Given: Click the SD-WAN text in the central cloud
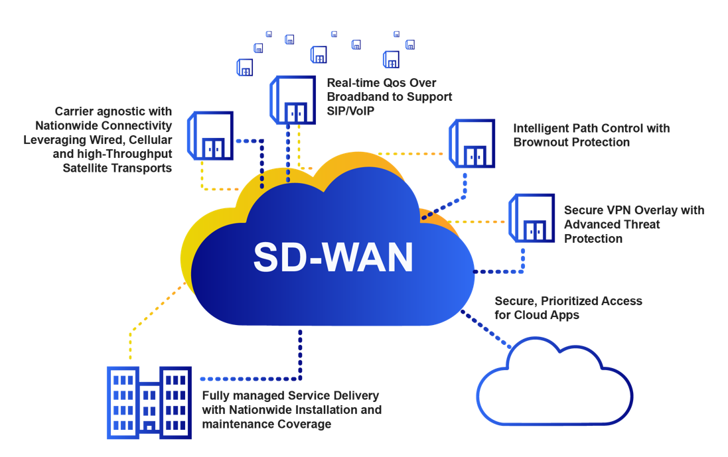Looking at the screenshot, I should (332, 257).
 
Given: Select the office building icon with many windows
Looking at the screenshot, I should (149, 402).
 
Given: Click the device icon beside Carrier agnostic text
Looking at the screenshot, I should (211, 135).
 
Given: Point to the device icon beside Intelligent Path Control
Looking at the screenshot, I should (472, 143).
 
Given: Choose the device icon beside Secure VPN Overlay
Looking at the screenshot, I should (532, 219).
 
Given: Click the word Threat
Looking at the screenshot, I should (640, 224).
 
